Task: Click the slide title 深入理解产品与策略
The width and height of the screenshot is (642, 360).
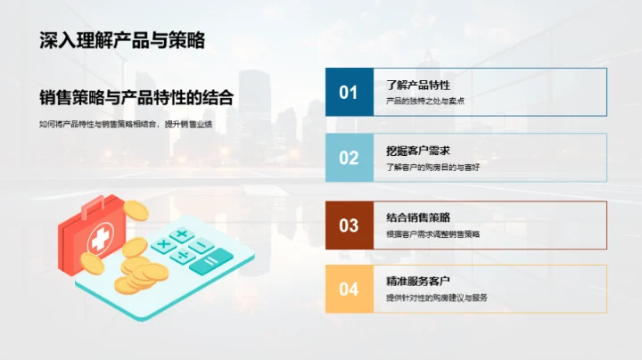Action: (x=122, y=40)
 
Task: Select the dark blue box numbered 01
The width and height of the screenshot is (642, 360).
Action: (x=349, y=93)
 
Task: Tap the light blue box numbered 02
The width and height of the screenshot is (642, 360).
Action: (x=349, y=158)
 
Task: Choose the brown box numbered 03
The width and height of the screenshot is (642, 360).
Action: (x=349, y=225)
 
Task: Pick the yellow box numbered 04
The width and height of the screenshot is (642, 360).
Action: (x=349, y=289)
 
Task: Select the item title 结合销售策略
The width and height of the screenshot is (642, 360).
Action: (x=417, y=217)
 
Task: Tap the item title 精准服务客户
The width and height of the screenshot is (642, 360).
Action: (x=417, y=281)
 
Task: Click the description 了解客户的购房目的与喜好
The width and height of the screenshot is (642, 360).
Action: (x=432, y=167)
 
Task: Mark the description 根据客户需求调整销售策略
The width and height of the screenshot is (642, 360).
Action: (x=432, y=233)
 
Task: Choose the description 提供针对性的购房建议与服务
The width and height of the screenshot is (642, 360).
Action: (x=437, y=298)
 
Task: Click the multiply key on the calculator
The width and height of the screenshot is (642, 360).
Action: (x=163, y=243)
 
